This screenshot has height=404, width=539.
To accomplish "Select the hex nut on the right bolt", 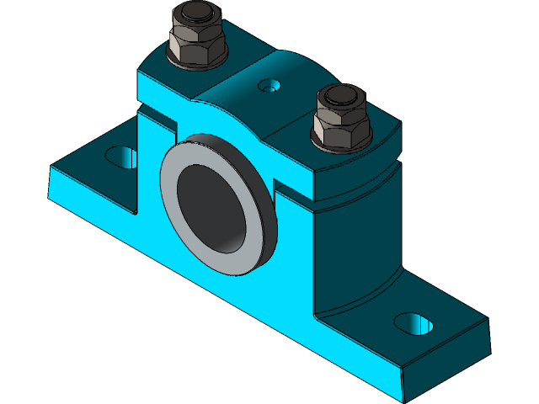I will [339, 126].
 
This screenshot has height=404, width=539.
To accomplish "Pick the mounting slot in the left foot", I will [122, 157].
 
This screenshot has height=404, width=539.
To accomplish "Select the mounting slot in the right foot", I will [414, 322].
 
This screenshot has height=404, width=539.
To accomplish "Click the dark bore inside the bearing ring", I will [215, 206].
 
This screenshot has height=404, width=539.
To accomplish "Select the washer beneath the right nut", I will [339, 146].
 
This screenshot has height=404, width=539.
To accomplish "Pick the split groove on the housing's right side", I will [354, 202].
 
